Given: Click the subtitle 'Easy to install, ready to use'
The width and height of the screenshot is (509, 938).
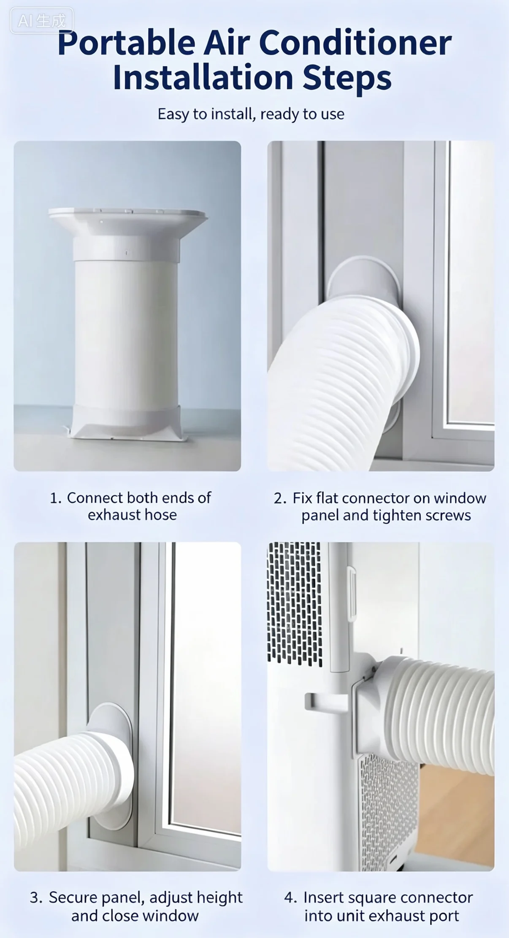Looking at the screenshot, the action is [x=251, y=114].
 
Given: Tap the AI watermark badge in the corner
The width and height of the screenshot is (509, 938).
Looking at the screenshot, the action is [x=42, y=21].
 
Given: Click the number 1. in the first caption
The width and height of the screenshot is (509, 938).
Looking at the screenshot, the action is [x=56, y=498].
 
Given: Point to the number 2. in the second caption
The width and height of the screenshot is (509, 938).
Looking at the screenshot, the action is [x=280, y=498].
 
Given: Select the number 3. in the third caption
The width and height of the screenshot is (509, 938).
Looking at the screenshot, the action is [x=36, y=897].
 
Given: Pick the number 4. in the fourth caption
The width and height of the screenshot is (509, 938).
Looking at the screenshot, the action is [x=291, y=897].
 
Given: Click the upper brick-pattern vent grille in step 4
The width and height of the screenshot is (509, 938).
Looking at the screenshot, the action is [x=295, y=603].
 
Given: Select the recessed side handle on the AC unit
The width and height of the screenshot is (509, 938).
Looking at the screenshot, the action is [x=327, y=701].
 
